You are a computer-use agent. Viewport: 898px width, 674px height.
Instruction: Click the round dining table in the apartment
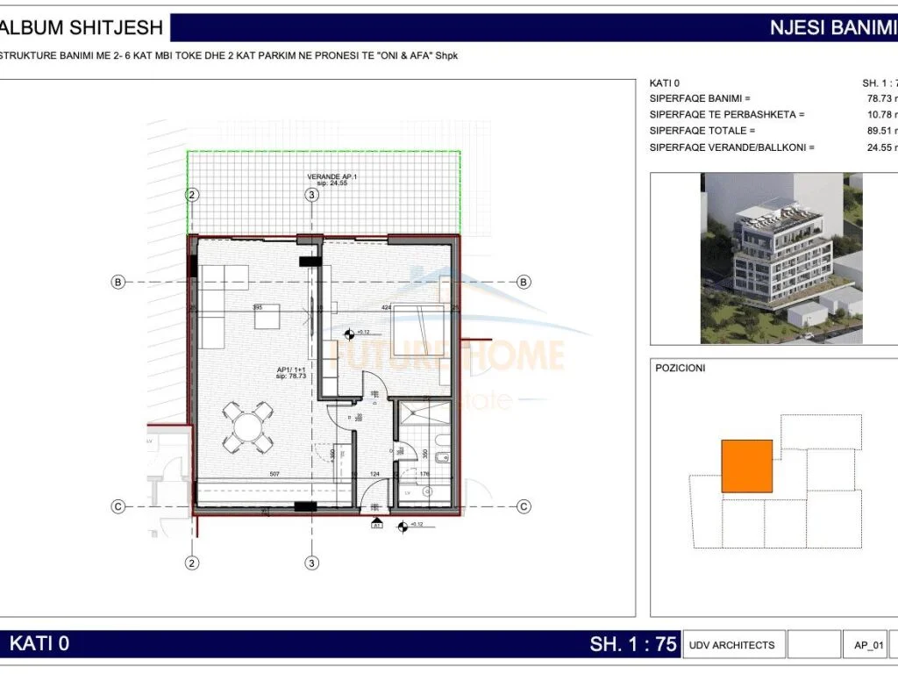(248, 427)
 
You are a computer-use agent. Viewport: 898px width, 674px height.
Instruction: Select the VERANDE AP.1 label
(331, 176)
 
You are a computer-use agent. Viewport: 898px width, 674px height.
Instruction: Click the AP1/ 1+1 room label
(289, 371)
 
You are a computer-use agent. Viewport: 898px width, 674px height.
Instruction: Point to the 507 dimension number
(274, 475)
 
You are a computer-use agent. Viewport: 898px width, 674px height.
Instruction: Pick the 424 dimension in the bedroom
(386, 308)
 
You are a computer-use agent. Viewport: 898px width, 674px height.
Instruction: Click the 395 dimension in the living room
(258, 307)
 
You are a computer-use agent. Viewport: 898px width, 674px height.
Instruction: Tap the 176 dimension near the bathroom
(425, 475)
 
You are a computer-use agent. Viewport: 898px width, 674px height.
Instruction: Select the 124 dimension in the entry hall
(375, 475)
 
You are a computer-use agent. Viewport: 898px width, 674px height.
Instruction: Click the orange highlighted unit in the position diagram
(746, 466)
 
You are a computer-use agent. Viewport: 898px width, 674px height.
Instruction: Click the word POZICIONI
(681, 369)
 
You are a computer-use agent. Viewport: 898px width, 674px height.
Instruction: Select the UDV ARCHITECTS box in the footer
(731, 645)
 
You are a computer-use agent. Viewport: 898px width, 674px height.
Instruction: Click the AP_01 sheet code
(868, 645)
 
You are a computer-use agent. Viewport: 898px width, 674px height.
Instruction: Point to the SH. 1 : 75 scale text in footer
(633, 644)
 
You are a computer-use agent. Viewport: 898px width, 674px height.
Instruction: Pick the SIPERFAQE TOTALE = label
(702, 131)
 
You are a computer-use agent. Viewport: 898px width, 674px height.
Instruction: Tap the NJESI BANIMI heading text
(831, 27)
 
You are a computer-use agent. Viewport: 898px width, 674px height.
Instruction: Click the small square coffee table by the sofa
(267, 316)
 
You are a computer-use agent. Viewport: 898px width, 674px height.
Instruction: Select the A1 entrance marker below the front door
(376, 525)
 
